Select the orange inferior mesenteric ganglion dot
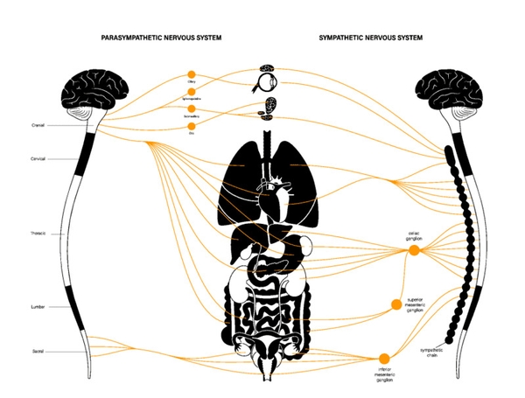point(383,358)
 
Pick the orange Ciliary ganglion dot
point(192,75)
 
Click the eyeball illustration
point(267,85)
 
